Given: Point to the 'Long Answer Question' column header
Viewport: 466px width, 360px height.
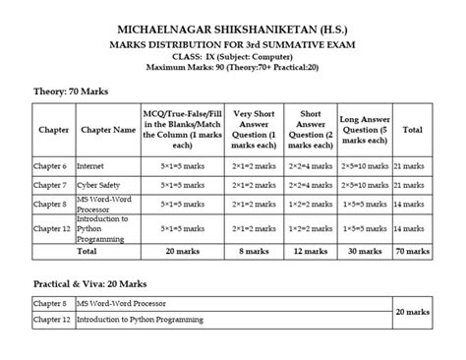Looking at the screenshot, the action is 369,129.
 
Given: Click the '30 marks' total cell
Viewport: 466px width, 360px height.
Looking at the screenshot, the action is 369,252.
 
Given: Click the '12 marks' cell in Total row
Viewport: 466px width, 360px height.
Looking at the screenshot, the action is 310,252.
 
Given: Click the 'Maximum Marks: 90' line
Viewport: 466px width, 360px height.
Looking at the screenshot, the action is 233,67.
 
